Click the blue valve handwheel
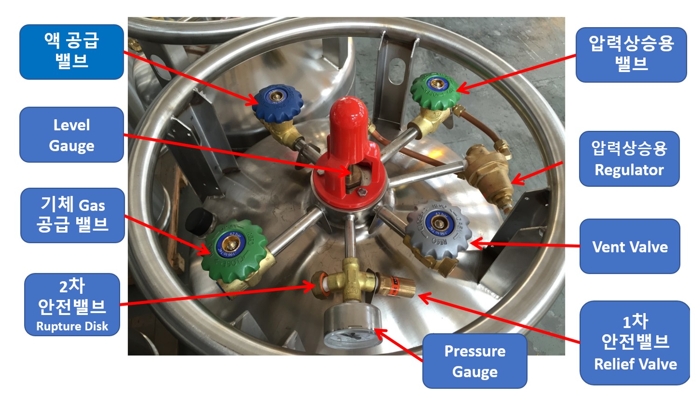coord(277,103)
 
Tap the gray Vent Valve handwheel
coord(438,229)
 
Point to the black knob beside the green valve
coord(199,222)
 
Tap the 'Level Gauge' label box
coord(71,135)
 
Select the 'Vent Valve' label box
coord(630,246)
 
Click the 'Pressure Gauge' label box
coord(475,361)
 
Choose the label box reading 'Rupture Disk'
coord(72,304)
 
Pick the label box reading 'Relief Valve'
coord(635,343)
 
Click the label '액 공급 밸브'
coord(71,52)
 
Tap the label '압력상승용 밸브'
coord(631,55)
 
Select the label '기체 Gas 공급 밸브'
coord(72,215)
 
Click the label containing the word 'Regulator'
coord(629,159)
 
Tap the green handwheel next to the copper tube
coord(435,90)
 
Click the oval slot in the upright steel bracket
coord(397,71)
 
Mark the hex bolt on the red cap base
coord(362,192)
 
